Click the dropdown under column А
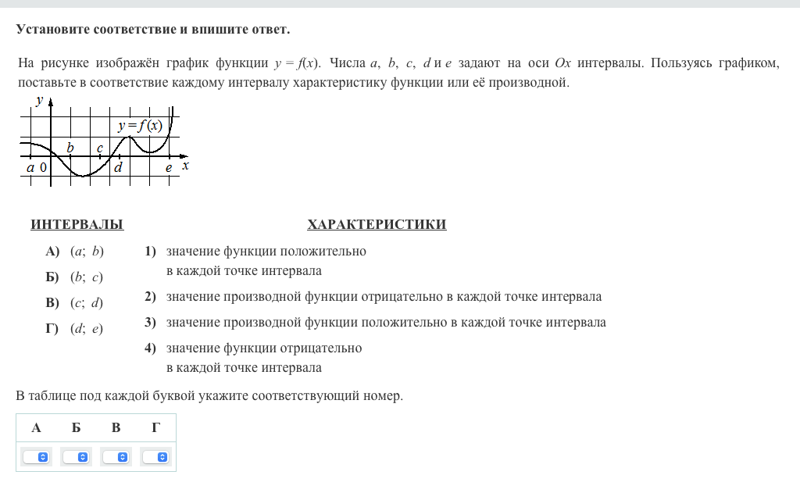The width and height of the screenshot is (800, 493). pos(37,456)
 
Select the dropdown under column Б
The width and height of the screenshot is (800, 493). pos(77,456)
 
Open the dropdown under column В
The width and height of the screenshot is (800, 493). pos(116,456)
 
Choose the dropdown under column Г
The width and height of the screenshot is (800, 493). pos(156,456)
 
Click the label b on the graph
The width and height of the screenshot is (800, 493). pos(70,148)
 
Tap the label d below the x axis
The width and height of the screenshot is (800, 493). pos(118,167)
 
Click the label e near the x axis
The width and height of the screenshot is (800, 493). pos(168,167)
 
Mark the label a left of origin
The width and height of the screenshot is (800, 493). pos(30,167)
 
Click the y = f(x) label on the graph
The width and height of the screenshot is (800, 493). pos(141,126)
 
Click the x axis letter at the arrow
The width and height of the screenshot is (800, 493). pos(185,166)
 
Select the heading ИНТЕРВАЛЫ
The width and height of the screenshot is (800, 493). pos(77,225)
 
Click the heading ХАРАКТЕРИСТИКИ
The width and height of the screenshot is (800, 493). pos(377,225)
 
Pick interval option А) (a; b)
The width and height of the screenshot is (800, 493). pos(75,252)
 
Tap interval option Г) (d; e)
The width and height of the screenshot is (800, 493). pos(75,329)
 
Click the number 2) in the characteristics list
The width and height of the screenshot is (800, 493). pos(150,297)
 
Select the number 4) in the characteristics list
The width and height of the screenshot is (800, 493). pos(150,348)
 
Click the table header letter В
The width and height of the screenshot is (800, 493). pos(116,427)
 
